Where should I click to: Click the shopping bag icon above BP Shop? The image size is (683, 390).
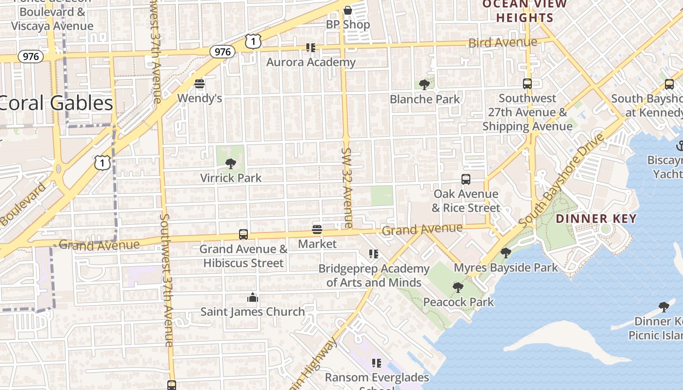click(x=347, y=10)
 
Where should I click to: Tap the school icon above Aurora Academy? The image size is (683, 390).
click(x=311, y=48)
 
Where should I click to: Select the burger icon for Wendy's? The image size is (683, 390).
click(x=199, y=84)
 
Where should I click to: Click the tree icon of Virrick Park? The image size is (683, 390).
click(x=231, y=164)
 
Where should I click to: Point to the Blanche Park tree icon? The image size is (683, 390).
click(x=424, y=85)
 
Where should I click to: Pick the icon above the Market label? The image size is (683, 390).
click(x=317, y=229)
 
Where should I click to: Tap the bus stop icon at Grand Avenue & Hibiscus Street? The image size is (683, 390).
click(x=243, y=234)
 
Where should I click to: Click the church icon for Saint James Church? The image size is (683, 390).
click(x=253, y=297)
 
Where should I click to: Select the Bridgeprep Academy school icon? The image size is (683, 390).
click(x=374, y=254)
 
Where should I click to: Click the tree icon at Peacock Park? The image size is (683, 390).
click(x=458, y=288)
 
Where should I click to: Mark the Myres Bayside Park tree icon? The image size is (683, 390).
click(x=506, y=253)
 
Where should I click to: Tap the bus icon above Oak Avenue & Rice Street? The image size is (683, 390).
click(x=466, y=179)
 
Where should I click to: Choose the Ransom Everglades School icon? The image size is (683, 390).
click(x=377, y=363)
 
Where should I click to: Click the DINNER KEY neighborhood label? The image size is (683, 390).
click(x=596, y=218)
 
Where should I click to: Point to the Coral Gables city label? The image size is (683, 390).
click(x=57, y=103)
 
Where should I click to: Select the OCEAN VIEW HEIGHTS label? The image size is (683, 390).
click(x=524, y=11)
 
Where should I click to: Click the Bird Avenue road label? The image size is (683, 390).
click(x=502, y=42)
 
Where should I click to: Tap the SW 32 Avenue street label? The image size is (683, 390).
click(x=347, y=188)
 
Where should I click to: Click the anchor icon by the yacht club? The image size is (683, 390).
click(x=680, y=145)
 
